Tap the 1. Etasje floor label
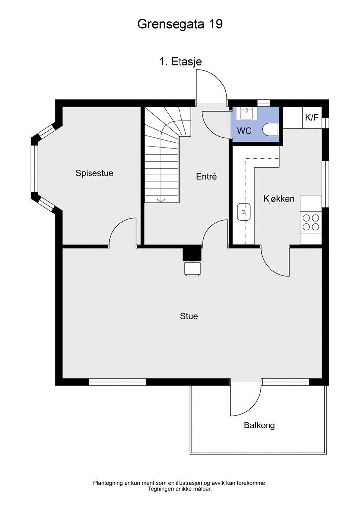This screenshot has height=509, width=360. click(x=180, y=62)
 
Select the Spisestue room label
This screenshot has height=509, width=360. click(x=94, y=173)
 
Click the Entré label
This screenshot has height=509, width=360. click(x=206, y=176)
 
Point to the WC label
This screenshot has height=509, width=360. click(x=244, y=131)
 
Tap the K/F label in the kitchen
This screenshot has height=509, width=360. click(x=312, y=118)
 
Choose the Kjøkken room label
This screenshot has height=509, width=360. click(x=279, y=199)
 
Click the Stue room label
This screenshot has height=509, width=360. click(x=189, y=316)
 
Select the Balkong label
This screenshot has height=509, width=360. click(x=259, y=425)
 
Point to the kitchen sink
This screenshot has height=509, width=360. click(x=243, y=212)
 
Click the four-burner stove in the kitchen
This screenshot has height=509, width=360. click(x=311, y=222)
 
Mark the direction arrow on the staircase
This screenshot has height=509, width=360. click(x=161, y=199)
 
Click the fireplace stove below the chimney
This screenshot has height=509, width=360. click(x=192, y=268)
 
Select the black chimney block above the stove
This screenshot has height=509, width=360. click(x=192, y=254)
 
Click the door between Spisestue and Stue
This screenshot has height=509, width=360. click(x=122, y=233)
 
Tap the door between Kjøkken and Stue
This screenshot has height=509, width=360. click(x=275, y=261)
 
